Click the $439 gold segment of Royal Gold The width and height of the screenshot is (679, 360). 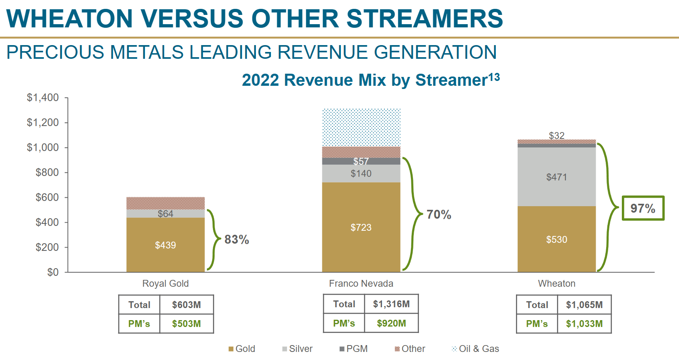(165, 245)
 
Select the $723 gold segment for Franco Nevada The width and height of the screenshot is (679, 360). (361, 227)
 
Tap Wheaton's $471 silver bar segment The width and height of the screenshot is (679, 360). (556, 177)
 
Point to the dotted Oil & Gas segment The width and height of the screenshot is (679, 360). (361, 127)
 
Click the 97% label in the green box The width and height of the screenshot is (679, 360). (643, 208)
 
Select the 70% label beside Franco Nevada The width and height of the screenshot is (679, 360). (439, 214)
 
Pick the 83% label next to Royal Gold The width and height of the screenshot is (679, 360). (237, 240)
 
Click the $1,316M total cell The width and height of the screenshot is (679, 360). (391, 304)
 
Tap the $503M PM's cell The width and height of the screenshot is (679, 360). (186, 324)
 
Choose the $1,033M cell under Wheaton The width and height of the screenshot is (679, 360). (584, 324)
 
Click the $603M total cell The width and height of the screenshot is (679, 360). (186, 305)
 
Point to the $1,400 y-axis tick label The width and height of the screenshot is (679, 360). (43, 97)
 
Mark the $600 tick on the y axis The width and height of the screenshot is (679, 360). (47, 197)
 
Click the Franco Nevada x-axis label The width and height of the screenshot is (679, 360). (361, 283)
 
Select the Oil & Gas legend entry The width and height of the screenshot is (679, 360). (475, 349)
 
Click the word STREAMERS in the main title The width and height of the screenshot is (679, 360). (425, 19)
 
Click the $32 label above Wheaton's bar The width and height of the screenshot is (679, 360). (557, 136)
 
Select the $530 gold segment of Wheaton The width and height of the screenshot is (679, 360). (556, 240)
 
